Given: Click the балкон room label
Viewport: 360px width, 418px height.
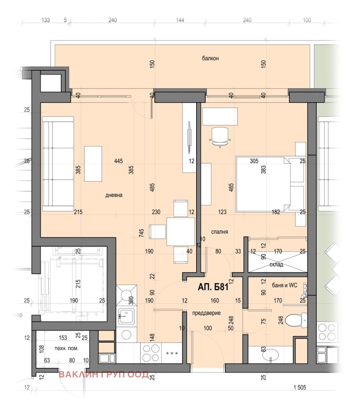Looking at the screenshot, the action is (210, 58).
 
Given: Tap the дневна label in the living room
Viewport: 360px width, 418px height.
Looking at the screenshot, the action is (114, 195).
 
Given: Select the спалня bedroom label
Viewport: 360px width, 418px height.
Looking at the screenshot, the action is (220, 232).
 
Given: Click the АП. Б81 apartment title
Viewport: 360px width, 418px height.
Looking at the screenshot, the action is (213, 287).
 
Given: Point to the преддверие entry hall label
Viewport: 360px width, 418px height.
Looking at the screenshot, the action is (207, 313).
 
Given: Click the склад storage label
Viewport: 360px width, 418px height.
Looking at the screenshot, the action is (276, 264).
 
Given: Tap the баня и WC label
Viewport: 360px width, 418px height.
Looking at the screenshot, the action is (284, 285).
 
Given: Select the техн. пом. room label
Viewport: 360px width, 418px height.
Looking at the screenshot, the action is (67, 349).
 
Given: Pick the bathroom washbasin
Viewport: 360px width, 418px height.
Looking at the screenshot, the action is (271, 355).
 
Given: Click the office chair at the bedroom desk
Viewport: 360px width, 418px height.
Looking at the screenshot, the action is (220, 137).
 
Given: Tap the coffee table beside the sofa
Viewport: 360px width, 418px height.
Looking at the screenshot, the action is (93, 164).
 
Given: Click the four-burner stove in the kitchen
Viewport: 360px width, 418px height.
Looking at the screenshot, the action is (151, 353).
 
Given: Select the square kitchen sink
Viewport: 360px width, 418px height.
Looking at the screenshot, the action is (126, 316).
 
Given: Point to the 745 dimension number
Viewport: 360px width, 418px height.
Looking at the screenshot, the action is (141, 233).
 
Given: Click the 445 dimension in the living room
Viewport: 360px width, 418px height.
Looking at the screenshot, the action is (118, 161).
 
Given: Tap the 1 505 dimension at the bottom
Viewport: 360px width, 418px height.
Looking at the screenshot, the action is (300, 387).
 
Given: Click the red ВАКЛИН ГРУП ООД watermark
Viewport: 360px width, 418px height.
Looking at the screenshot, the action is (103, 374).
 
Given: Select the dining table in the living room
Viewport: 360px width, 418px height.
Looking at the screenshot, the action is (180, 232).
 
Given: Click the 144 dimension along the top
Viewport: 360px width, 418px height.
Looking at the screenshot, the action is (180, 20).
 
